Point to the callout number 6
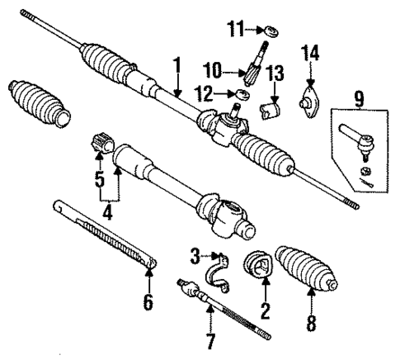[148, 302]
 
